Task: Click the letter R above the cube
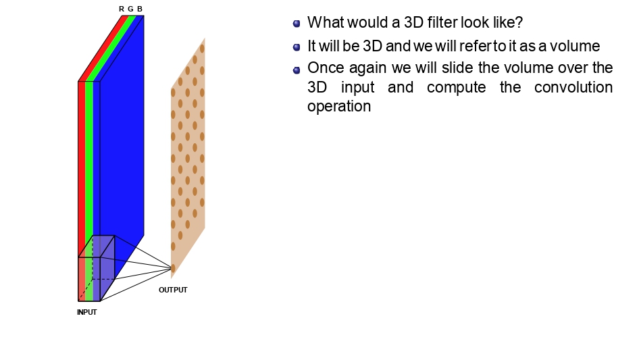click(122, 9)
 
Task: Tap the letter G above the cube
click(130, 9)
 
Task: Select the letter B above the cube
click(140, 9)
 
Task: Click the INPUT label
click(87, 312)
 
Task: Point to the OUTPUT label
click(173, 290)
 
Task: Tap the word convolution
click(573, 87)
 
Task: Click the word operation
click(339, 107)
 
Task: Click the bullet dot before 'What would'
click(297, 24)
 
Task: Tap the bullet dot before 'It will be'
click(297, 47)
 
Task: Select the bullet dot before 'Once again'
click(297, 70)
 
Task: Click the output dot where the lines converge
click(173, 268)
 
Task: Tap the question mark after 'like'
click(519, 22)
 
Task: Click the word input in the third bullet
click(357, 88)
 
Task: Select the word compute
click(457, 88)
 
